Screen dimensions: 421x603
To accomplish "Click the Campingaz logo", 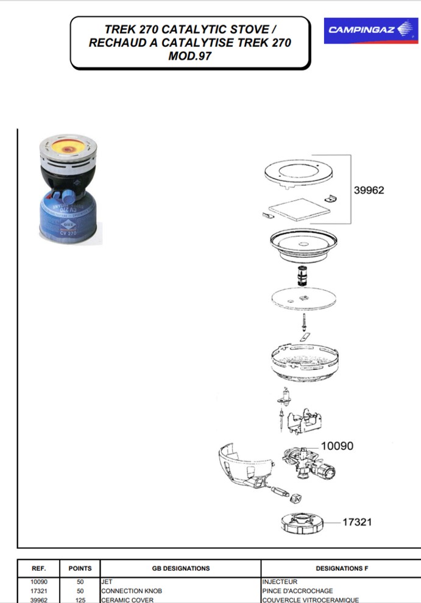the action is click(x=370, y=30).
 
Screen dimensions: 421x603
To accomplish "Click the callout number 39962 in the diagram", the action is click(x=369, y=190).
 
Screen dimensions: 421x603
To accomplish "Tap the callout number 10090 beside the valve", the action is click(x=337, y=446).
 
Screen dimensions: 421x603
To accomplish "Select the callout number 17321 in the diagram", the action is click(x=357, y=522).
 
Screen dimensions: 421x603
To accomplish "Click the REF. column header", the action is click(x=38, y=568).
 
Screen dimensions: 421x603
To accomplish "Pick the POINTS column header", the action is click(x=80, y=568).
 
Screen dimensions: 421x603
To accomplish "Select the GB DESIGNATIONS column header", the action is click(x=181, y=568).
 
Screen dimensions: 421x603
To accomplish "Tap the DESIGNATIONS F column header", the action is click(x=342, y=568).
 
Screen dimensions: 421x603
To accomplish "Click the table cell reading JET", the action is click(x=107, y=582).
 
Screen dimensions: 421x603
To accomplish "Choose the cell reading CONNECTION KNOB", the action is click(x=132, y=591).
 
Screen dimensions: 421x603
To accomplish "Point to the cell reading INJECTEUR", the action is click(x=280, y=582).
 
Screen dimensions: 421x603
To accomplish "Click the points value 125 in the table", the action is click(x=80, y=600).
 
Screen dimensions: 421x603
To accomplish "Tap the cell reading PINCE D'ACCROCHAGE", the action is click(x=298, y=591).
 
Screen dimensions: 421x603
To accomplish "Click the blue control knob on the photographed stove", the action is click(x=68, y=197).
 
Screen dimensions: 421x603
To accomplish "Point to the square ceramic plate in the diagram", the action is click(x=299, y=210).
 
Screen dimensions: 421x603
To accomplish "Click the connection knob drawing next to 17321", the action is click(x=302, y=523).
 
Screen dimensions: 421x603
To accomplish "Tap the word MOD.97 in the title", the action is click(x=189, y=56).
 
